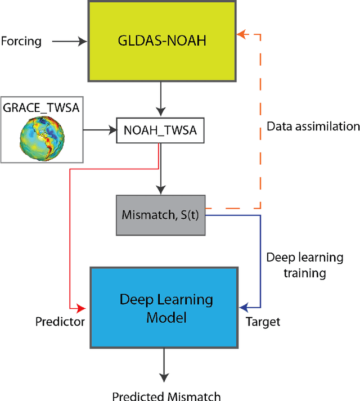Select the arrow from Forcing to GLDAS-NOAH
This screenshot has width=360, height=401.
[x=69, y=41]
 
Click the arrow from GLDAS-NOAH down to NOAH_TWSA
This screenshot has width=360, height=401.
[x=161, y=97]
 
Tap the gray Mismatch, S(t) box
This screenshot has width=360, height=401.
[x=161, y=215]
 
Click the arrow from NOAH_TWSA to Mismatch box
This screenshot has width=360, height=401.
[x=161, y=174]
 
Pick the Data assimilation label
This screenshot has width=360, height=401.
[x=313, y=126]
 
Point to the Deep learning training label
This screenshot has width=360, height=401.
[x=304, y=265]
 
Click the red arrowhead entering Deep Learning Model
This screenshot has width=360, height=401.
[x=82, y=308]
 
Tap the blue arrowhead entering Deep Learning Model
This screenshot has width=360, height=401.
[x=243, y=308]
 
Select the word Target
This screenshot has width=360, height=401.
[x=263, y=322]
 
